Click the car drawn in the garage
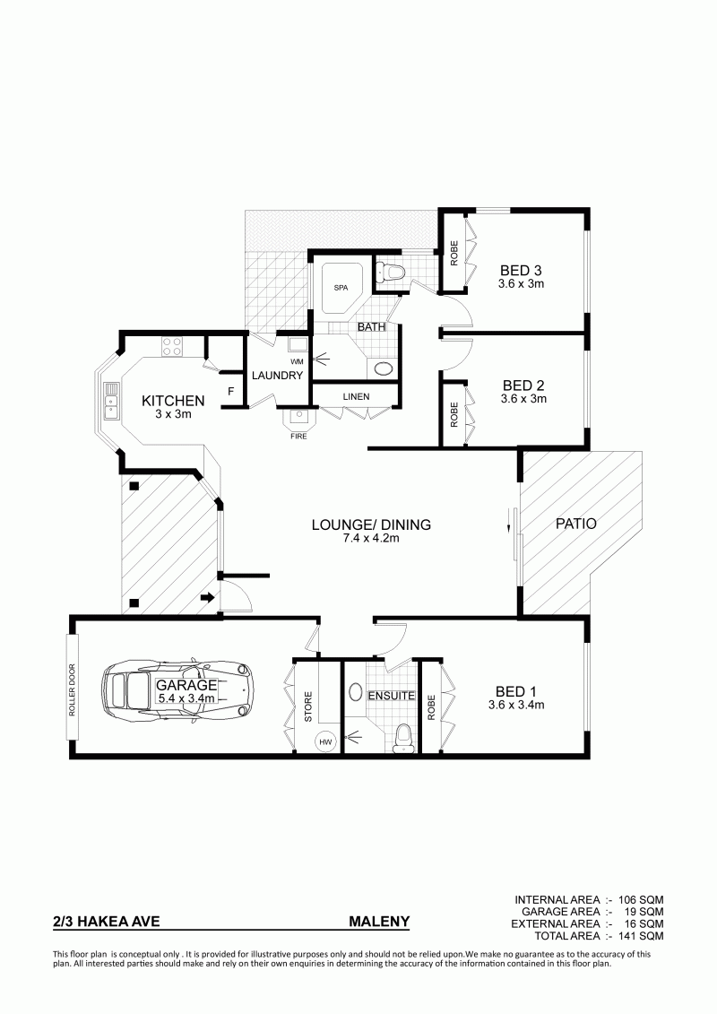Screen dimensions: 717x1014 coord(177,691)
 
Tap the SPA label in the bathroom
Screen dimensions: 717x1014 coord(340,289)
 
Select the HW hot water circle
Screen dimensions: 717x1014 coord(325,741)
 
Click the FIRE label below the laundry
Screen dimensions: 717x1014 coord(298,437)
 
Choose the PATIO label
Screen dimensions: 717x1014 coord(576,524)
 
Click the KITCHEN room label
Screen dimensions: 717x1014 coord(173,401)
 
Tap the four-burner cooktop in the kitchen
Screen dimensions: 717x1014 coord(171,347)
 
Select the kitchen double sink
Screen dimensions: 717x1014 coord(110,402)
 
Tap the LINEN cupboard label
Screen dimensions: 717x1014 coord(356,396)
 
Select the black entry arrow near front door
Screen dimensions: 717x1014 coord(208,597)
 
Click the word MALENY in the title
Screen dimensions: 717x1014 coord(379,921)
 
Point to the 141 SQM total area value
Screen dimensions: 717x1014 coord(641,936)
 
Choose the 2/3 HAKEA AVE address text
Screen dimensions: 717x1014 coord(106,921)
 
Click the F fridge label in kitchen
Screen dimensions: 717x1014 coord(231,391)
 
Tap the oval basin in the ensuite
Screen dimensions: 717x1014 coord(356,693)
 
